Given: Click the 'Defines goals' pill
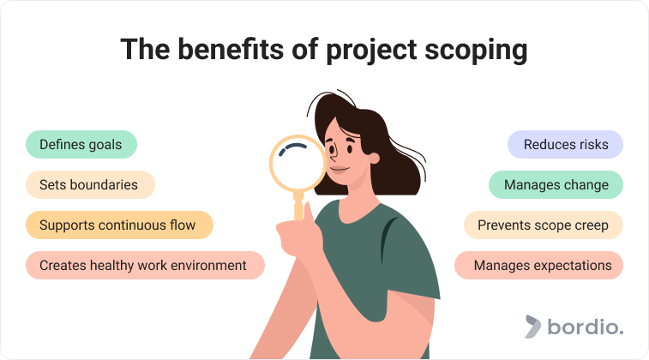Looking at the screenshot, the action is [x=81, y=144].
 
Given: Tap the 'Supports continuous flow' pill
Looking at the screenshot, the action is [x=119, y=225].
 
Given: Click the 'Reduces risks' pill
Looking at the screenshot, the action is [x=565, y=144].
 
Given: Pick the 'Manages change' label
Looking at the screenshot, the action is [x=556, y=184].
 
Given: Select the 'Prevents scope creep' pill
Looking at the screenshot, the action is [x=544, y=225].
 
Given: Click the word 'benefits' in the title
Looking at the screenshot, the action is [x=231, y=49].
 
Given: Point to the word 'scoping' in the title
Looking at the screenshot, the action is [x=476, y=51].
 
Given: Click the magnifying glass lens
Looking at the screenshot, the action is [x=298, y=164].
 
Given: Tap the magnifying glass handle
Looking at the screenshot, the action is [x=298, y=206].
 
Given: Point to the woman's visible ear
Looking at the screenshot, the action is [x=374, y=158].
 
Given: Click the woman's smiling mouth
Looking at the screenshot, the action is [x=340, y=169].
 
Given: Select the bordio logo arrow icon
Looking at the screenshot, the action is [x=532, y=327].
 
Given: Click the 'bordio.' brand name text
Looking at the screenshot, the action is [x=586, y=326].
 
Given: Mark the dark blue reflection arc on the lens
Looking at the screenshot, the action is [x=292, y=149].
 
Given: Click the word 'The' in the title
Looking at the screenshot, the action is [x=145, y=49].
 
